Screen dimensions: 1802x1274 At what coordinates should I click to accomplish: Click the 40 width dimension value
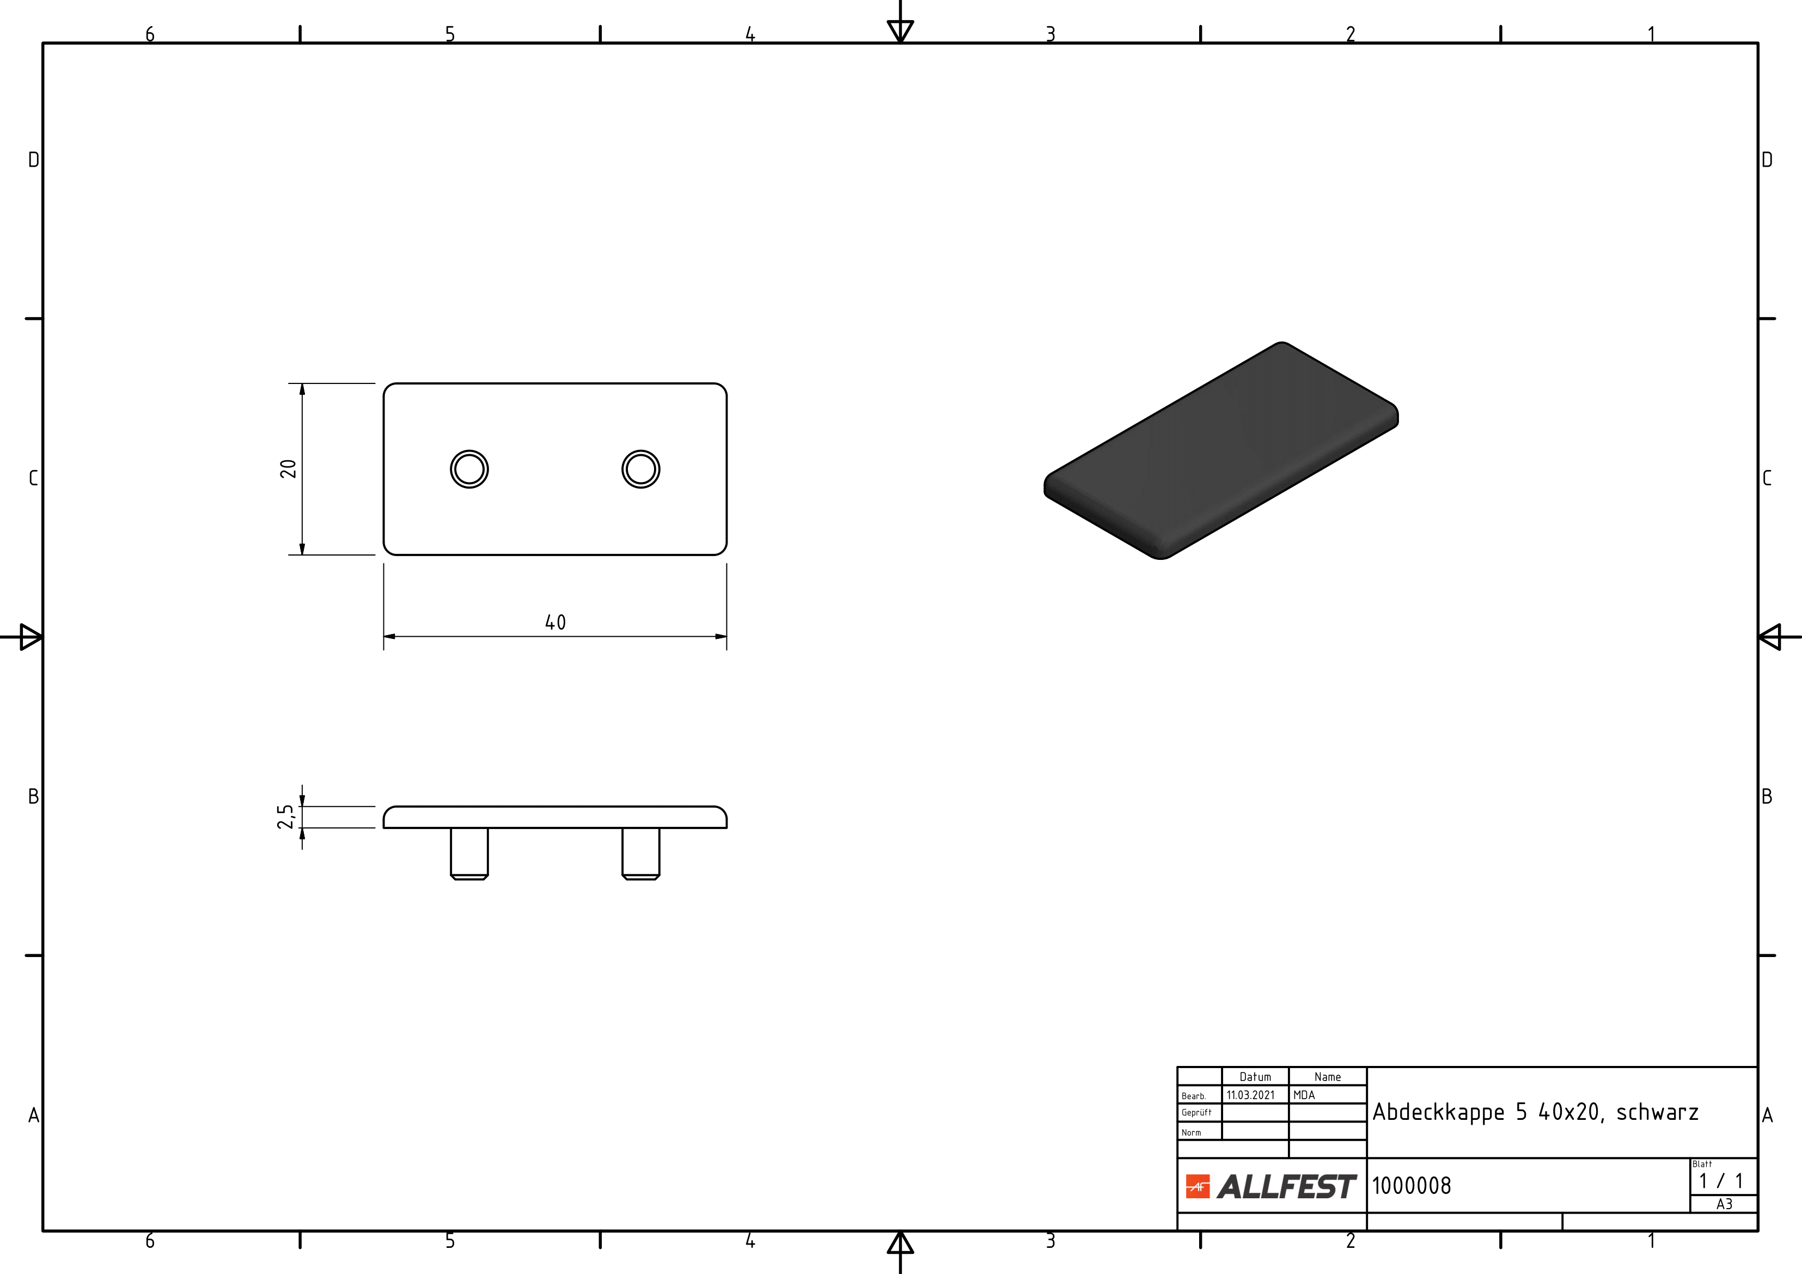point(555,623)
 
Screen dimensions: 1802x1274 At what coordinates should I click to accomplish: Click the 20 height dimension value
point(288,468)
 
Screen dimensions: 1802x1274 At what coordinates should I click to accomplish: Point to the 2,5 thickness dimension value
point(286,816)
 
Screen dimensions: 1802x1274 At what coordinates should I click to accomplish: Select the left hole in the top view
point(469,470)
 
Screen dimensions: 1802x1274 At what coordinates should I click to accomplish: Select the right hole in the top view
point(640,470)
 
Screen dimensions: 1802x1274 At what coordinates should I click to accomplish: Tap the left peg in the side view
point(469,854)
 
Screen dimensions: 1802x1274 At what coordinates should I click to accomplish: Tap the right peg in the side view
point(640,854)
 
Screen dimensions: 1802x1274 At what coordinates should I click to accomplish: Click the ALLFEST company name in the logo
point(1286,1187)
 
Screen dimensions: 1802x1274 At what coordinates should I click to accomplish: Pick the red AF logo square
point(1198,1186)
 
